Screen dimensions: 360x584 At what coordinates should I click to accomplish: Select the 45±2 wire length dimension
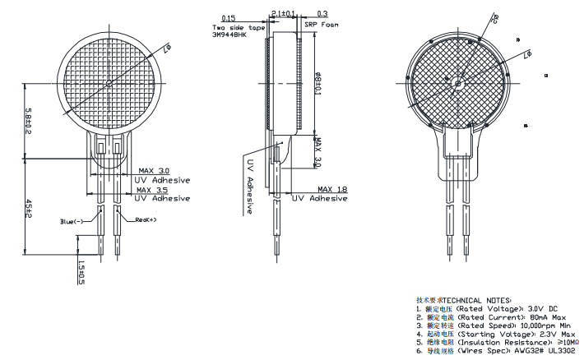(x=28, y=209)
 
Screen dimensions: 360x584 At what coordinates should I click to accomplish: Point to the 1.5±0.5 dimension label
(x=81, y=273)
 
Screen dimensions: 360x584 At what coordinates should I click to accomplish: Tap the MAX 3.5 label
(x=154, y=189)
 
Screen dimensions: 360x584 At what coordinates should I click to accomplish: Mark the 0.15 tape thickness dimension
(x=228, y=17)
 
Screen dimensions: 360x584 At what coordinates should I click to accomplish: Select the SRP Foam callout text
(x=322, y=25)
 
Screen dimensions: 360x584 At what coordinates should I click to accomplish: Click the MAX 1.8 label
(x=332, y=189)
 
